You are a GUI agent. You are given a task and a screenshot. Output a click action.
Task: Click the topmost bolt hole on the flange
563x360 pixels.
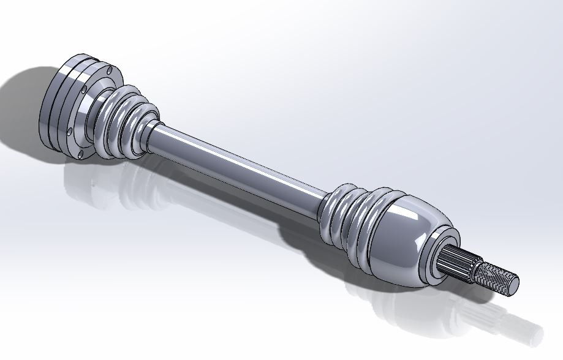(x=109, y=72)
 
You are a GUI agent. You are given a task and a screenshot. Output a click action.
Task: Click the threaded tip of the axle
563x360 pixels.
(x=497, y=276)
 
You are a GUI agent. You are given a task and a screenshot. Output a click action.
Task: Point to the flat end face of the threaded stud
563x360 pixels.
(x=513, y=282)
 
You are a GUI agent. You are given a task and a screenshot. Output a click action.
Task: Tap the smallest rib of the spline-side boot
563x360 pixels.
(x=328, y=205)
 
